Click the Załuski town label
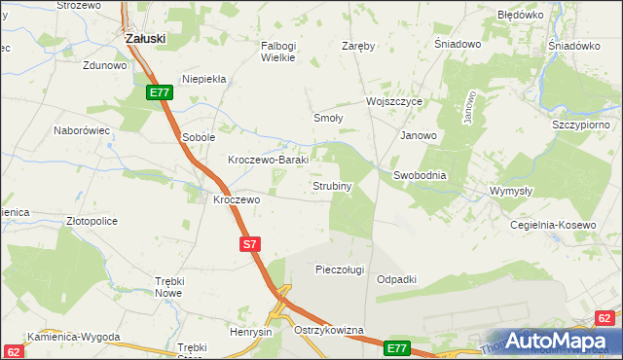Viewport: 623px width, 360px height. tap(145, 38)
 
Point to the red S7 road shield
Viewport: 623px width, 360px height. tap(249, 245)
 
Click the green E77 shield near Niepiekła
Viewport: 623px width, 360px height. tap(161, 92)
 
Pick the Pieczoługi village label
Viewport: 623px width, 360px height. tap(340, 269)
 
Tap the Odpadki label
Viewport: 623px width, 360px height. tap(396, 279)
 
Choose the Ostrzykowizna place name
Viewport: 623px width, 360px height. tap(328, 331)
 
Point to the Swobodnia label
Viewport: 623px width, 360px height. tap(420, 175)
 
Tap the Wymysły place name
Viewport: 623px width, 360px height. tap(511, 191)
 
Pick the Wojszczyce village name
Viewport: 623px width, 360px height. tap(393, 101)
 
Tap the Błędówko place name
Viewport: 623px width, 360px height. tap(520, 16)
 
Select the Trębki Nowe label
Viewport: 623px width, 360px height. tap(169, 286)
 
